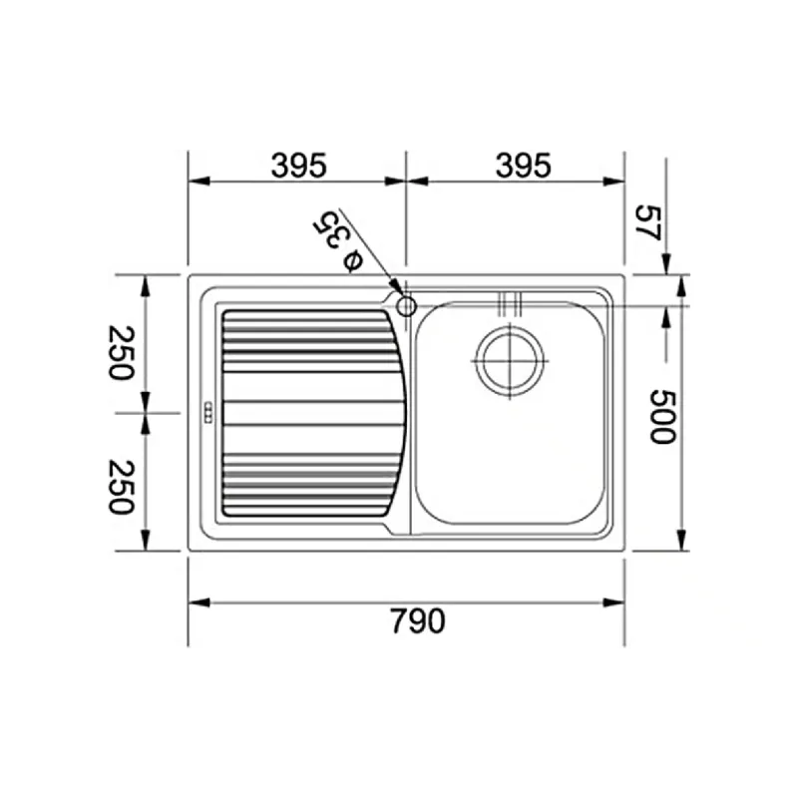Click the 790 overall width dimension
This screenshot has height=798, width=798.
(x=417, y=620)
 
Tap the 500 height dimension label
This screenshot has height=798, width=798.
(x=663, y=417)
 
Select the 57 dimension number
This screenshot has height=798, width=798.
(x=648, y=222)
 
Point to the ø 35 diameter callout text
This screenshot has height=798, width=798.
(x=337, y=241)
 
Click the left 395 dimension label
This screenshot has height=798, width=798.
(x=298, y=166)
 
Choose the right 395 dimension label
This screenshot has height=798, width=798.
(x=523, y=166)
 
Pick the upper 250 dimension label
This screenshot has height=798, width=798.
(x=122, y=353)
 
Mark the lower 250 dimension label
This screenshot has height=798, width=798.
(x=122, y=487)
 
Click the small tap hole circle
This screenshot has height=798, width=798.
(x=406, y=306)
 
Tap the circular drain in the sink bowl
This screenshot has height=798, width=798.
(x=510, y=361)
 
